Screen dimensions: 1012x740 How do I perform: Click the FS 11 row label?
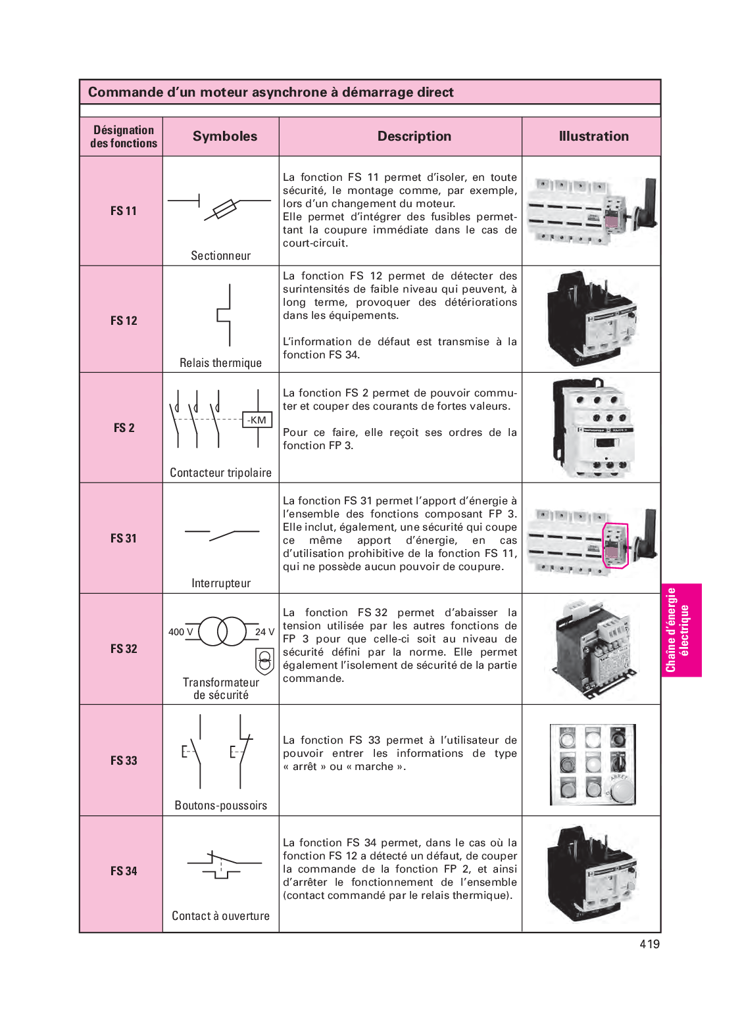point(124,211)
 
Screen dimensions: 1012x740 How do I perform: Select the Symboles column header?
point(225,136)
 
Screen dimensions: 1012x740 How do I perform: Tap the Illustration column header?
point(593,136)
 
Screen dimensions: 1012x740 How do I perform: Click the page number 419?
point(649,944)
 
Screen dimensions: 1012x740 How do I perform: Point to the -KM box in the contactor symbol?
point(257,420)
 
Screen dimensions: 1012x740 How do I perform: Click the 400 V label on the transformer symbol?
point(181,632)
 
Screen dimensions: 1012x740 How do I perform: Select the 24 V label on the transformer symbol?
point(264,632)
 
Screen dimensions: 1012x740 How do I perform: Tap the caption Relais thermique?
point(221,363)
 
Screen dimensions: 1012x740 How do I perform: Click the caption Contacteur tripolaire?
point(221,473)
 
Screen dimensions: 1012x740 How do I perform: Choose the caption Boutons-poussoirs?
point(221,806)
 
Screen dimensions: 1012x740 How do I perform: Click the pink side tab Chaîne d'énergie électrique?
point(681,630)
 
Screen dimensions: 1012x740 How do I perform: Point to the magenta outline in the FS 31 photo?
point(616,545)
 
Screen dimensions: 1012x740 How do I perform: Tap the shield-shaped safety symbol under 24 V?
point(264,660)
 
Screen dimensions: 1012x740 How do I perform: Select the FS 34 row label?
point(124,871)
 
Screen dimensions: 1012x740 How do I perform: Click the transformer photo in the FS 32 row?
point(591,648)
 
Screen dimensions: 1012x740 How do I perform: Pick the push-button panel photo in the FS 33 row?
point(593,765)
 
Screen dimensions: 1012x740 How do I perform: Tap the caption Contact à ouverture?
point(221,916)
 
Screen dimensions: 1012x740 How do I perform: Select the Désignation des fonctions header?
point(124,137)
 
